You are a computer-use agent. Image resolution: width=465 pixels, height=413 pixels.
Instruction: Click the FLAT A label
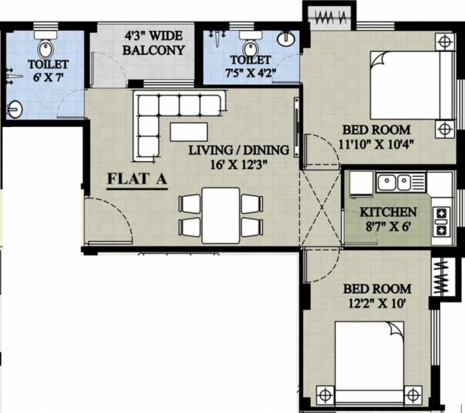137,181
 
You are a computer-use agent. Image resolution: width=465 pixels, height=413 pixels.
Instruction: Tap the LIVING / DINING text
239,150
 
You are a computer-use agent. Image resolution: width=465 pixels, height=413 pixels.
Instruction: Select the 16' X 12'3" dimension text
239,164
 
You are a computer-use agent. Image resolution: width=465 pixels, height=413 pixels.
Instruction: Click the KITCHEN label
388,212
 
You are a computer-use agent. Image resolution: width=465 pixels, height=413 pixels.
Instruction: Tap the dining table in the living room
220,215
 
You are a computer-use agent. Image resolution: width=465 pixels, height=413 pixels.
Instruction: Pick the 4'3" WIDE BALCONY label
155,44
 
